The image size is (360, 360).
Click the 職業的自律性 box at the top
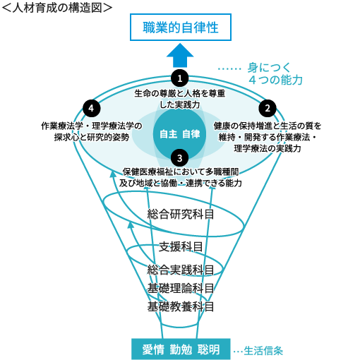click(x=181, y=27)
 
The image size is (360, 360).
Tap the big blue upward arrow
click(x=180, y=55)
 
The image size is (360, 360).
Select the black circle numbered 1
click(x=180, y=78)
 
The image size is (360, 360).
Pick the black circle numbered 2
click(x=268, y=108)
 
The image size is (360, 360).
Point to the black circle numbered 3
click(x=180, y=158)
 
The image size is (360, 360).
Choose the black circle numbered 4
click(x=92, y=108)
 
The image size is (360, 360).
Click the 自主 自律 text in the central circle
click(x=180, y=134)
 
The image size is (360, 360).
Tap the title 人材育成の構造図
click(x=57, y=8)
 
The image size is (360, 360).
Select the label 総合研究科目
click(x=181, y=215)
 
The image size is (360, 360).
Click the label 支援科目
click(x=181, y=247)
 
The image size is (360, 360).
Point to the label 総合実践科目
click(x=181, y=270)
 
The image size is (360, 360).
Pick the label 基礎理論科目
click(x=181, y=288)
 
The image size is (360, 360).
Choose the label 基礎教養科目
click(x=181, y=306)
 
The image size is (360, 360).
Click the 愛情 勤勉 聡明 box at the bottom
click(x=181, y=349)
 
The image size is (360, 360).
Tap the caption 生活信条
click(x=263, y=351)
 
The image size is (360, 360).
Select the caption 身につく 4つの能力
click(x=275, y=73)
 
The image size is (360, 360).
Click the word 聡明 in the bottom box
click(x=208, y=349)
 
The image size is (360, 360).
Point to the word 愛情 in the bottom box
click(x=153, y=349)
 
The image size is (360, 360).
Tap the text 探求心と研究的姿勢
click(x=92, y=137)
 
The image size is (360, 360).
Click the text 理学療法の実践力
click(x=268, y=148)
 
